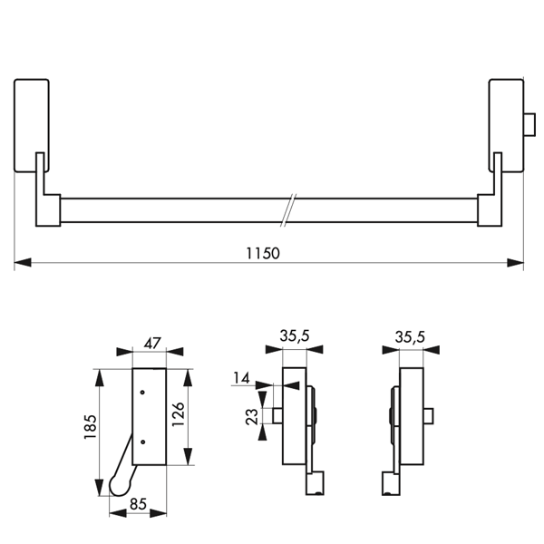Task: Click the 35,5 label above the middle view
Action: (x=294, y=335)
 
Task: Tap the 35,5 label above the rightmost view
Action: (x=411, y=336)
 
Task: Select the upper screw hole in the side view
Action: (x=143, y=392)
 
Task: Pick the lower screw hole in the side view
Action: (x=143, y=442)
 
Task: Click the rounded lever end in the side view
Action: (x=117, y=488)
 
